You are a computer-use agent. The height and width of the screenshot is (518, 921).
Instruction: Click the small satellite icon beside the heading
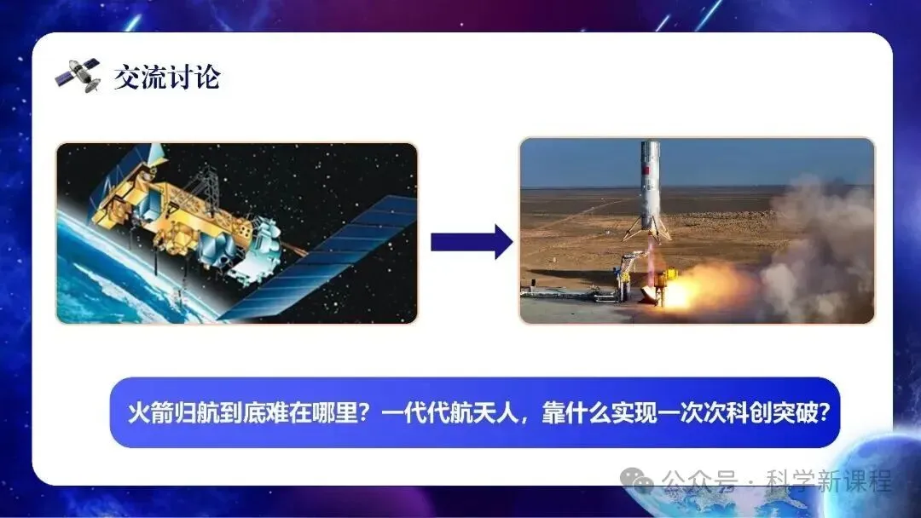pos(78,76)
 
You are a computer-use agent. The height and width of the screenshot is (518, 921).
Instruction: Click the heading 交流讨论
pos(167,77)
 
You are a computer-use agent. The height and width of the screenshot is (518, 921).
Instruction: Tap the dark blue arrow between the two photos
pos(472,241)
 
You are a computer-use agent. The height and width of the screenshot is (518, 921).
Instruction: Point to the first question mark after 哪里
pos(368,413)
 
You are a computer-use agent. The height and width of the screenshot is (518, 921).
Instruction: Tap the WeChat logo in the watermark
pos(637,481)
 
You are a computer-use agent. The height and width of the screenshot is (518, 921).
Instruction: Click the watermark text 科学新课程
pos(829,481)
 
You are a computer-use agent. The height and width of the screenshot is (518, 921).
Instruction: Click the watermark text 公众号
pos(699,481)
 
